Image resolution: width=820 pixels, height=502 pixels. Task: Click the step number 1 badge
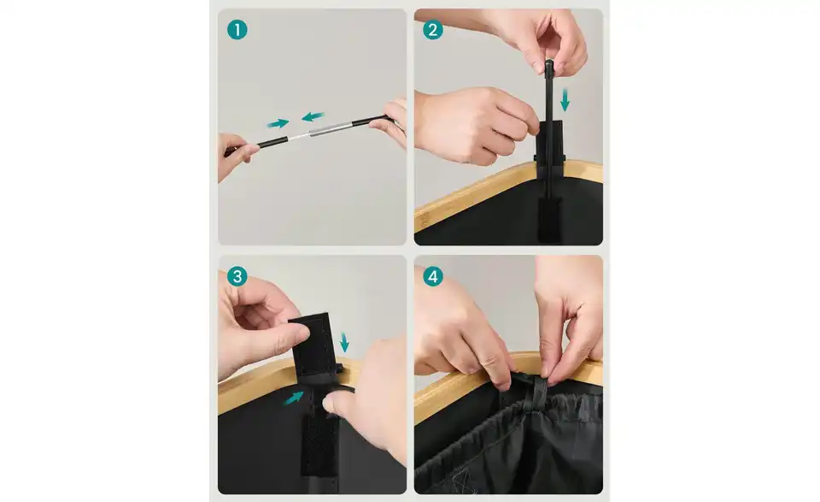click(237, 30)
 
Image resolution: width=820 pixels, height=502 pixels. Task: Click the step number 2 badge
click(432, 30)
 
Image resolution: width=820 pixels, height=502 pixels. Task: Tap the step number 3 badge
click(237, 276)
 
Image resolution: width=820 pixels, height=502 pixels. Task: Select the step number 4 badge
click(432, 276)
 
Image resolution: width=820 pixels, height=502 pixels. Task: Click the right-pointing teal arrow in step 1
click(278, 123)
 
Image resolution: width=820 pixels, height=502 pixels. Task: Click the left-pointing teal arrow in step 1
click(313, 116)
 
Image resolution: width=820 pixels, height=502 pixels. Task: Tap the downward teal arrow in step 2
click(565, 99)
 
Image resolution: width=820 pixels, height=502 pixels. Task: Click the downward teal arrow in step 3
click(344, 342)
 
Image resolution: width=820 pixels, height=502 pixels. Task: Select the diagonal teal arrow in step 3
click(294, 398)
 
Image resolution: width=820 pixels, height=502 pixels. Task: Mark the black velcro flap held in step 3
click(313, 343)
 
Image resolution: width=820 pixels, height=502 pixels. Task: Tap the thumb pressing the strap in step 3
click(340, 405)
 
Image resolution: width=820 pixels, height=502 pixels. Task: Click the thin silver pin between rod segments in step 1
click(299, 136)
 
